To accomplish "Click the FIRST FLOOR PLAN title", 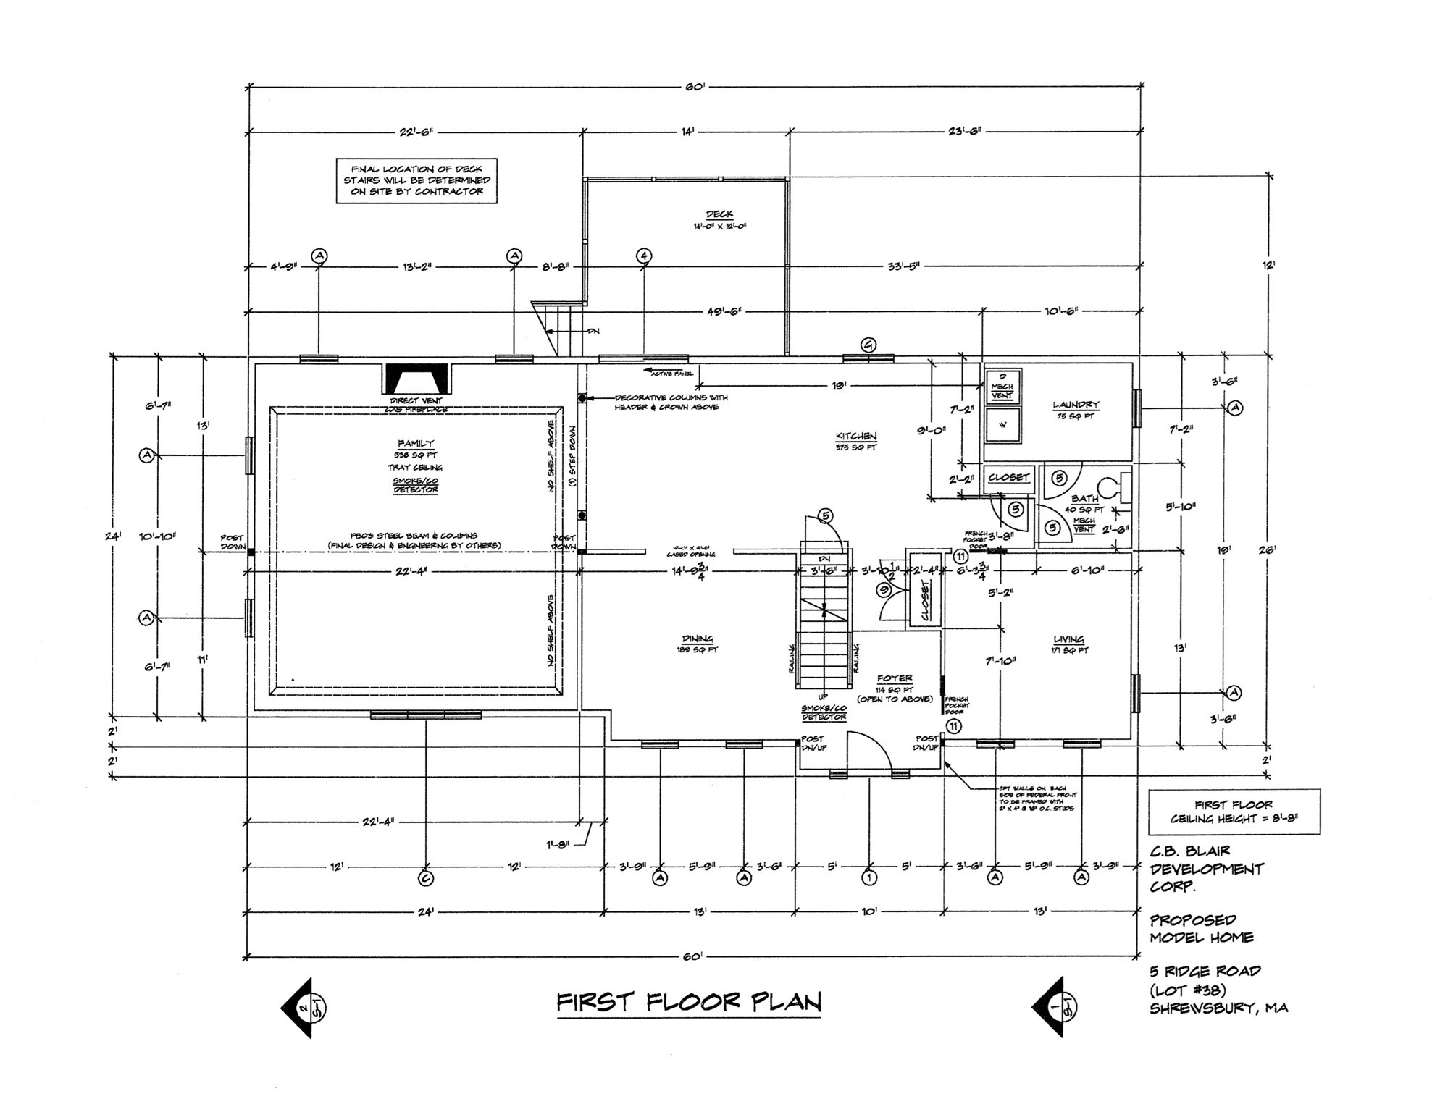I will pos(689,1003).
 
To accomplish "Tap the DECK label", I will pos(719,214).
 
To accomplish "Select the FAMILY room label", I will pos(416,443).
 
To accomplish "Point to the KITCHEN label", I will pos(856,437).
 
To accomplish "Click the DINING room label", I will pos(698,639).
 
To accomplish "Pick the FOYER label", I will pos(895,678).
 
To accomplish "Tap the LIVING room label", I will pos(1068,639).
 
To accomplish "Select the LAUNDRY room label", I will pos(1076,405).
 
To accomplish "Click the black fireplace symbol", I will pos(416,379).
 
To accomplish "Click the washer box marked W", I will pos(1002,425).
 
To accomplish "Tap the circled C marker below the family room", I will pos(425,878).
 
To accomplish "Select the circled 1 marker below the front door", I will pos(869,878).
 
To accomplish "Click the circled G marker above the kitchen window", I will pos(868,345).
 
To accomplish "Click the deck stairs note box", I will pos(416,180).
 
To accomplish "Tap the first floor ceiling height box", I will pos(1234,812).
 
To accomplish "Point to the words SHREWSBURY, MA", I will pos(1218,1008).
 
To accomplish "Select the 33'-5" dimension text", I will pos(903,266).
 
